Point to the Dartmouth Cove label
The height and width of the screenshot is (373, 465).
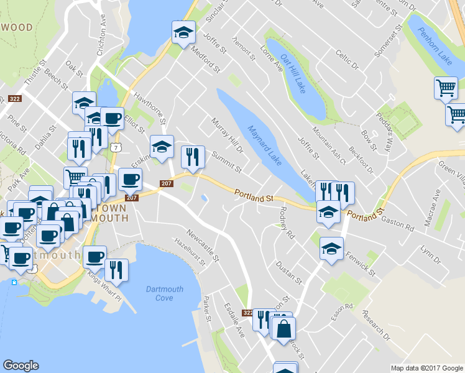point(164,293)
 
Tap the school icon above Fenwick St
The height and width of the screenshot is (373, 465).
point(331,249)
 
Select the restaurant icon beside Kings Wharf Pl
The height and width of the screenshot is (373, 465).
point(116,270)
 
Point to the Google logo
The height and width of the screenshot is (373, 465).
point(21,366)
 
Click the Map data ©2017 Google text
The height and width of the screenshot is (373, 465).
point(426,367)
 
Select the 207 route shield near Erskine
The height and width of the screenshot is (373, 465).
point(166,183)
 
